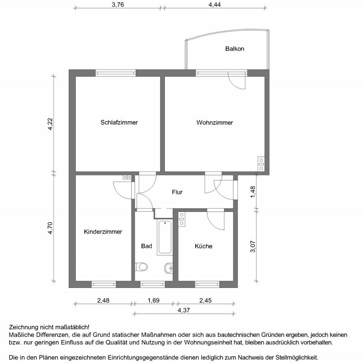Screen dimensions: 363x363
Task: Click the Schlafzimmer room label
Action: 119,123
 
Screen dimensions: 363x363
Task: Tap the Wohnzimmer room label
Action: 214,123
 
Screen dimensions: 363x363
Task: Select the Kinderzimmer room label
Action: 103,231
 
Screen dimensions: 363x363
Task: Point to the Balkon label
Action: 234,49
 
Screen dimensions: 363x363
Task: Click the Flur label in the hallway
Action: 177,192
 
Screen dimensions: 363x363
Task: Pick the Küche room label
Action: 203,246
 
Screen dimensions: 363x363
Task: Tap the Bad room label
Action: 146,246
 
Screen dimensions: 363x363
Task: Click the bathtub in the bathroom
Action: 165,238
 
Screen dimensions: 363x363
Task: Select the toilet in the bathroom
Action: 142,267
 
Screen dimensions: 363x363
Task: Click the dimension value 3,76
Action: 117,5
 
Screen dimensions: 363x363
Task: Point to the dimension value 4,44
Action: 214,5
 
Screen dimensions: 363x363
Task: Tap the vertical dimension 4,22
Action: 50,124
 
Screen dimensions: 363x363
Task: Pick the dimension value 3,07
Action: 253,246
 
